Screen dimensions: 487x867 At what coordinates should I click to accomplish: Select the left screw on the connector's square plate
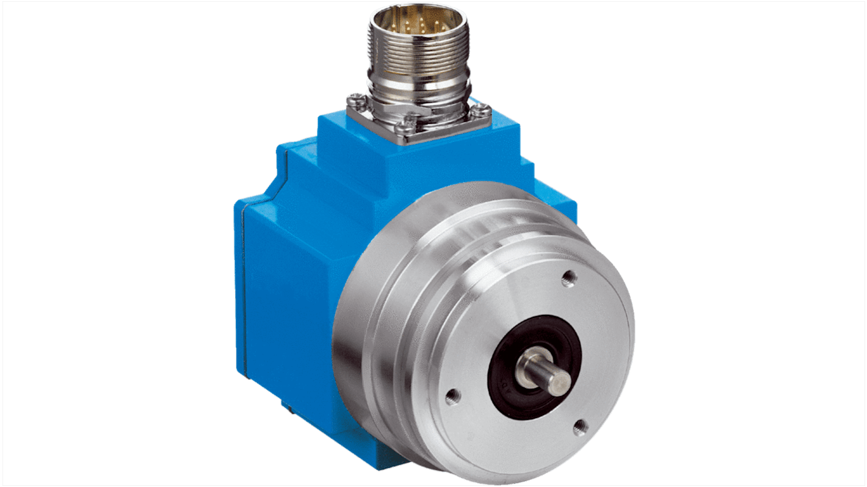pyautogui.click(x=355, y=98)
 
